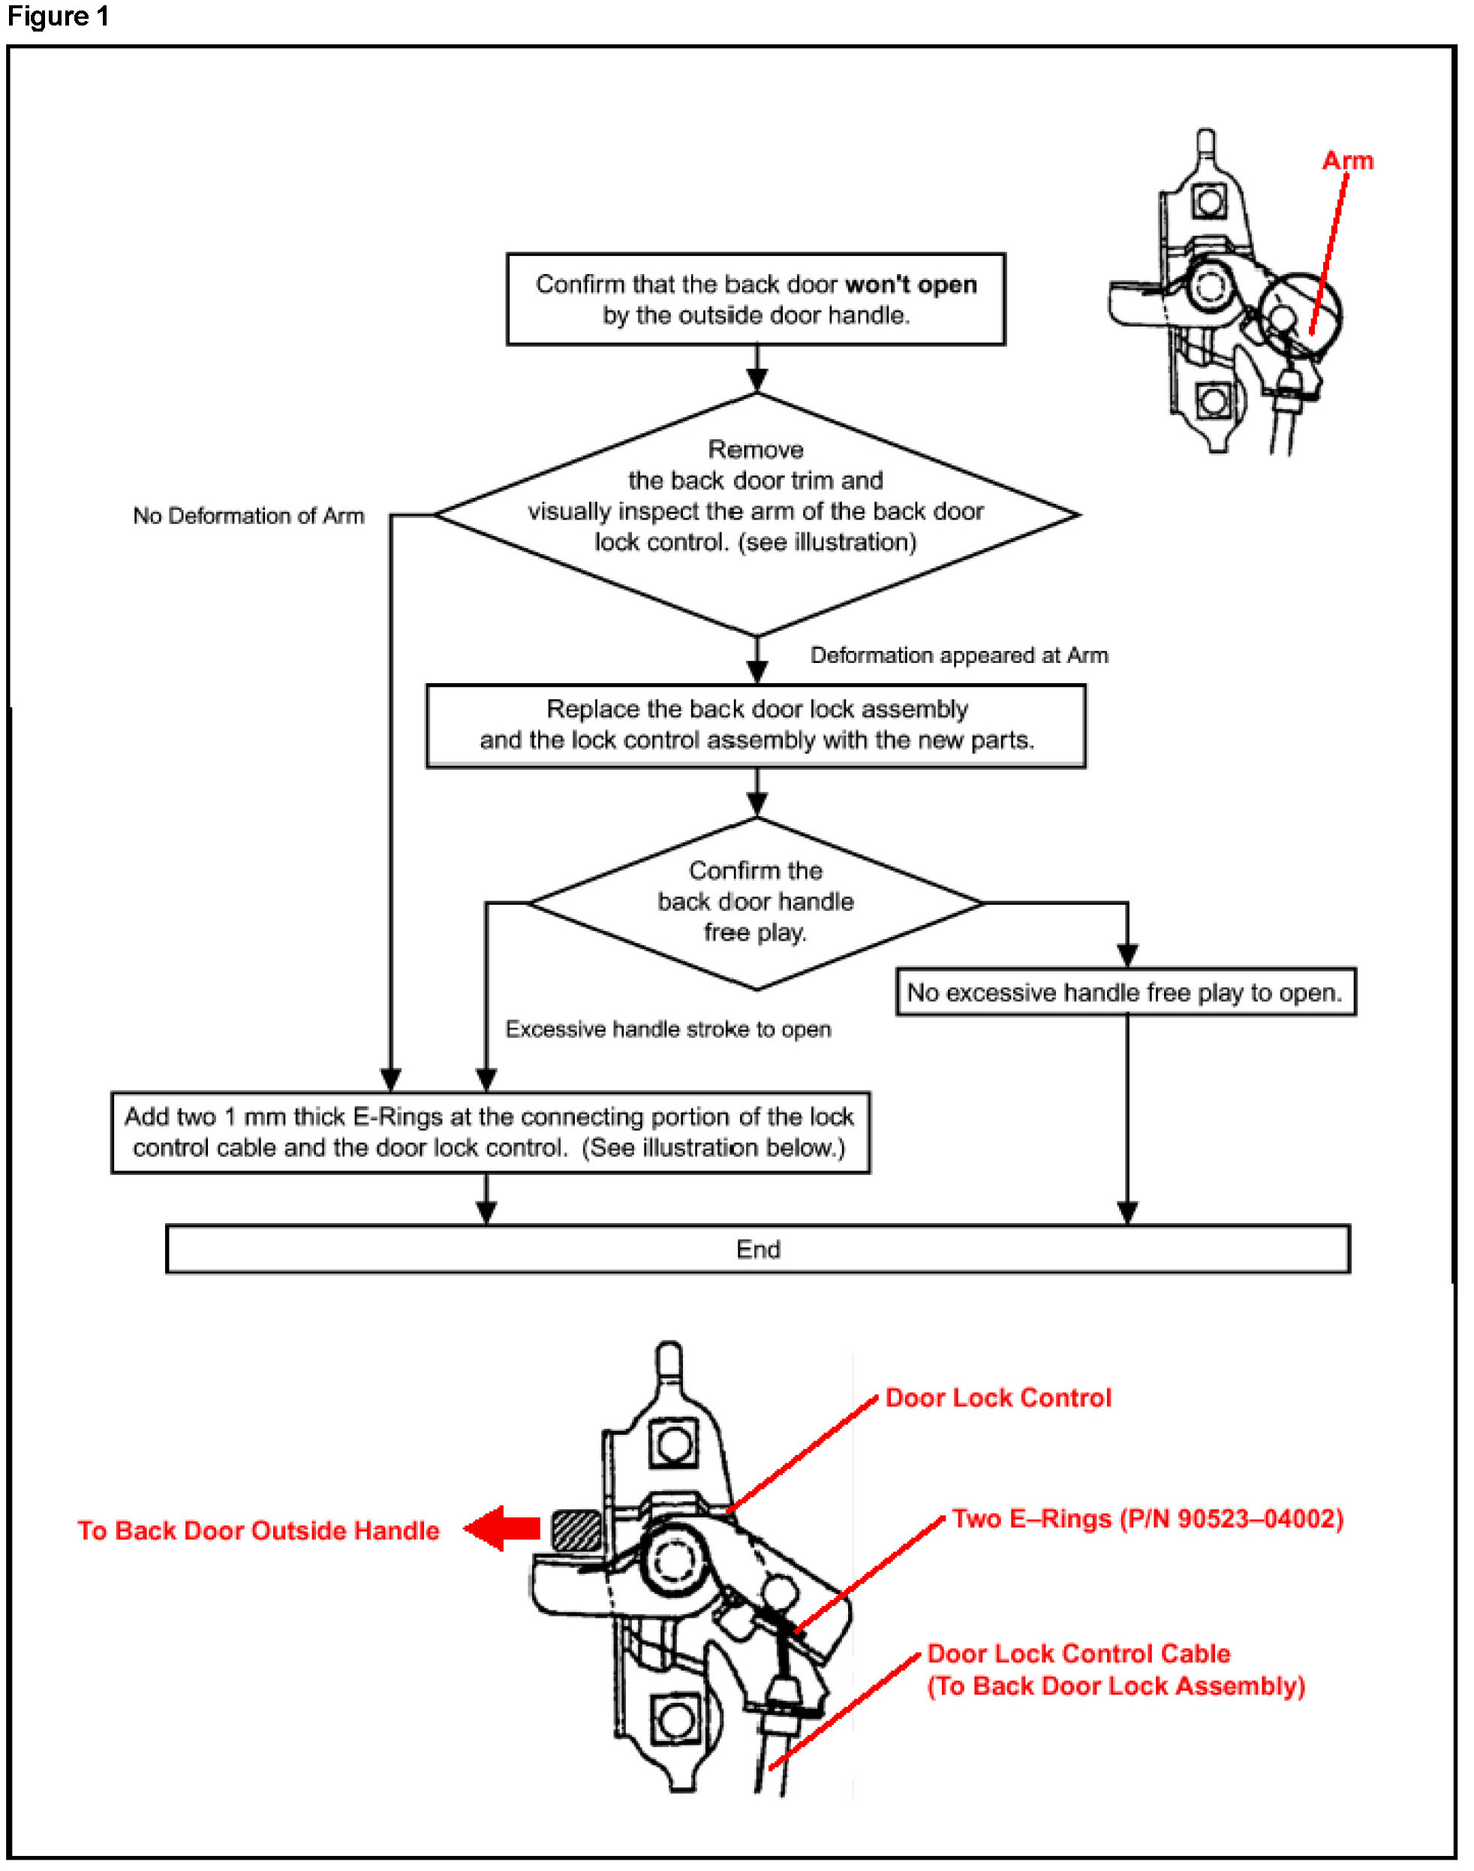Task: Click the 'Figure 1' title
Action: (x=58, y=17)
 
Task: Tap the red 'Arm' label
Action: (x=1347, y=161)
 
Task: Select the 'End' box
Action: (x=758, y=1249)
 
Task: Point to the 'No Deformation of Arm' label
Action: (x=248, y=516)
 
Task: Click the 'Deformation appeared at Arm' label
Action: (x=959, y=655)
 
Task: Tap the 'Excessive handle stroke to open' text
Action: (x=668, y=1029)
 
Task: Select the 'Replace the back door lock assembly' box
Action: (x=756, y=726)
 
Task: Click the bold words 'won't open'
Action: (x=911, y=284)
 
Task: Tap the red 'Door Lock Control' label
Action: (x=998, y=1398)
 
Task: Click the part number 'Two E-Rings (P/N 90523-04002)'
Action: (x=1148, y=1519)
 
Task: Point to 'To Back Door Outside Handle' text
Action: (x=258, y=1531)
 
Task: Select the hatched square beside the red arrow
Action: (x=576, y=1531)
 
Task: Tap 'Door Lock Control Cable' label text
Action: (x=1078, y=1653)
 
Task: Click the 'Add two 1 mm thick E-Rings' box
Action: (x=490, y=1132)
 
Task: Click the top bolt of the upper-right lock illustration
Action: (x=1209, y=201)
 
